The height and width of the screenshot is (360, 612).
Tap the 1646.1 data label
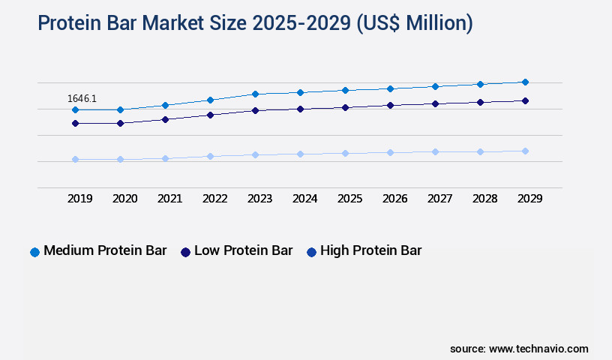click(82, 98)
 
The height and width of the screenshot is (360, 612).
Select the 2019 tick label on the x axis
click(80, 199)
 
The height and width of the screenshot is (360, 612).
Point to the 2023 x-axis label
click(260, 199)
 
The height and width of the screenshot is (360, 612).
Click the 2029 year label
click(529, 199)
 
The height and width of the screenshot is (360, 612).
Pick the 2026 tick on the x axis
click(395, 199)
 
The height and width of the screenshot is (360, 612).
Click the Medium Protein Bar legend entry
click(98, 251)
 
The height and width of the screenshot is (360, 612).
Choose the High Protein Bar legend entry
click(364, 251)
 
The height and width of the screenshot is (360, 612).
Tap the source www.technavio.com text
click(519, 349)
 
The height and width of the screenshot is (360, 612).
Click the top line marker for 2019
click(75, 109)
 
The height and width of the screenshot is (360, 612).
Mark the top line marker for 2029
click(525, 82)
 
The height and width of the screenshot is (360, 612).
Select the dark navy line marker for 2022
click(210, 115)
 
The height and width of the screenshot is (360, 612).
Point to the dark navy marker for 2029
click(525, 100)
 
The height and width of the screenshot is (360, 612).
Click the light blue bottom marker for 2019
click(75, 159)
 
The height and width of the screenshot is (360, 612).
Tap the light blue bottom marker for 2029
click(525, 151)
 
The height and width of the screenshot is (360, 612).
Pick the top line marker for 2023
click(255, 94)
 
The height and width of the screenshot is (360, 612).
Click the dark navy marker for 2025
click(345, 107)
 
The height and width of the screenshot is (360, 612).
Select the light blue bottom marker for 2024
click(300, 154)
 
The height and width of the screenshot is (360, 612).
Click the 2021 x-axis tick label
click(170, 199)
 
